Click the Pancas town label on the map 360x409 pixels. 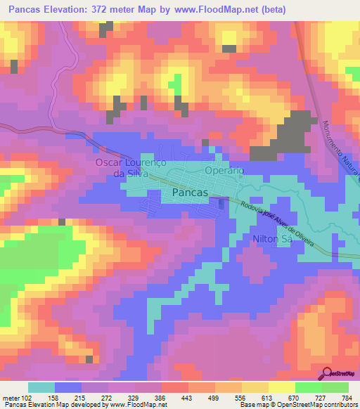click(189, 192)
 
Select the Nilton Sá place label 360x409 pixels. click(271, 239)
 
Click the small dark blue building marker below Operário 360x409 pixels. click(222, 204)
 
